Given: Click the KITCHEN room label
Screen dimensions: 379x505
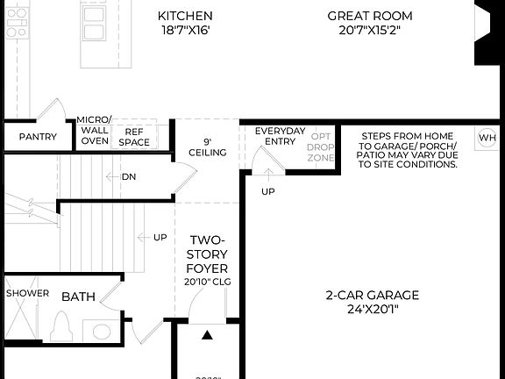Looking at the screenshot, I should click(185, 16).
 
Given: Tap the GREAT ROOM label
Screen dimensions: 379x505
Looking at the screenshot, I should click(369, 16).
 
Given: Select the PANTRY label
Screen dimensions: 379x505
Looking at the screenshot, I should click(38, 137).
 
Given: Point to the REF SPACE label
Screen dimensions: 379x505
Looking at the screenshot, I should click(134, 136).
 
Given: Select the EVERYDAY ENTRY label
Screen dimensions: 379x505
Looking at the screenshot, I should click(280, 137).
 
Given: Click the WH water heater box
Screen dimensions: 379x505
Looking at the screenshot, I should click(486, 138).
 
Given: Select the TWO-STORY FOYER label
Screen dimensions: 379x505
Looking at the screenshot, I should click(207, 254).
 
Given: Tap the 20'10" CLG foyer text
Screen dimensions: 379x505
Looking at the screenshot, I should click(207, 282).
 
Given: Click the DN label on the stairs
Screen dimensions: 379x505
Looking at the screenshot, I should click(129, 176).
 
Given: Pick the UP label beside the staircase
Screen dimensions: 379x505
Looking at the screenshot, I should click(160, 237).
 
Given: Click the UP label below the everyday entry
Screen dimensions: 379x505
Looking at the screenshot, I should click(268, 190).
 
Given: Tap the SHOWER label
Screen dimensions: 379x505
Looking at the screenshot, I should click(28, 293).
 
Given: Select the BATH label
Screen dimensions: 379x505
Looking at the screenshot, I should click(78, 297).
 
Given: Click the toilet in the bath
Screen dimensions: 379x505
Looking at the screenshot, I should click(62, 327).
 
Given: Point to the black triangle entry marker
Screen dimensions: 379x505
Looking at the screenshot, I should click(207, 334).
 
